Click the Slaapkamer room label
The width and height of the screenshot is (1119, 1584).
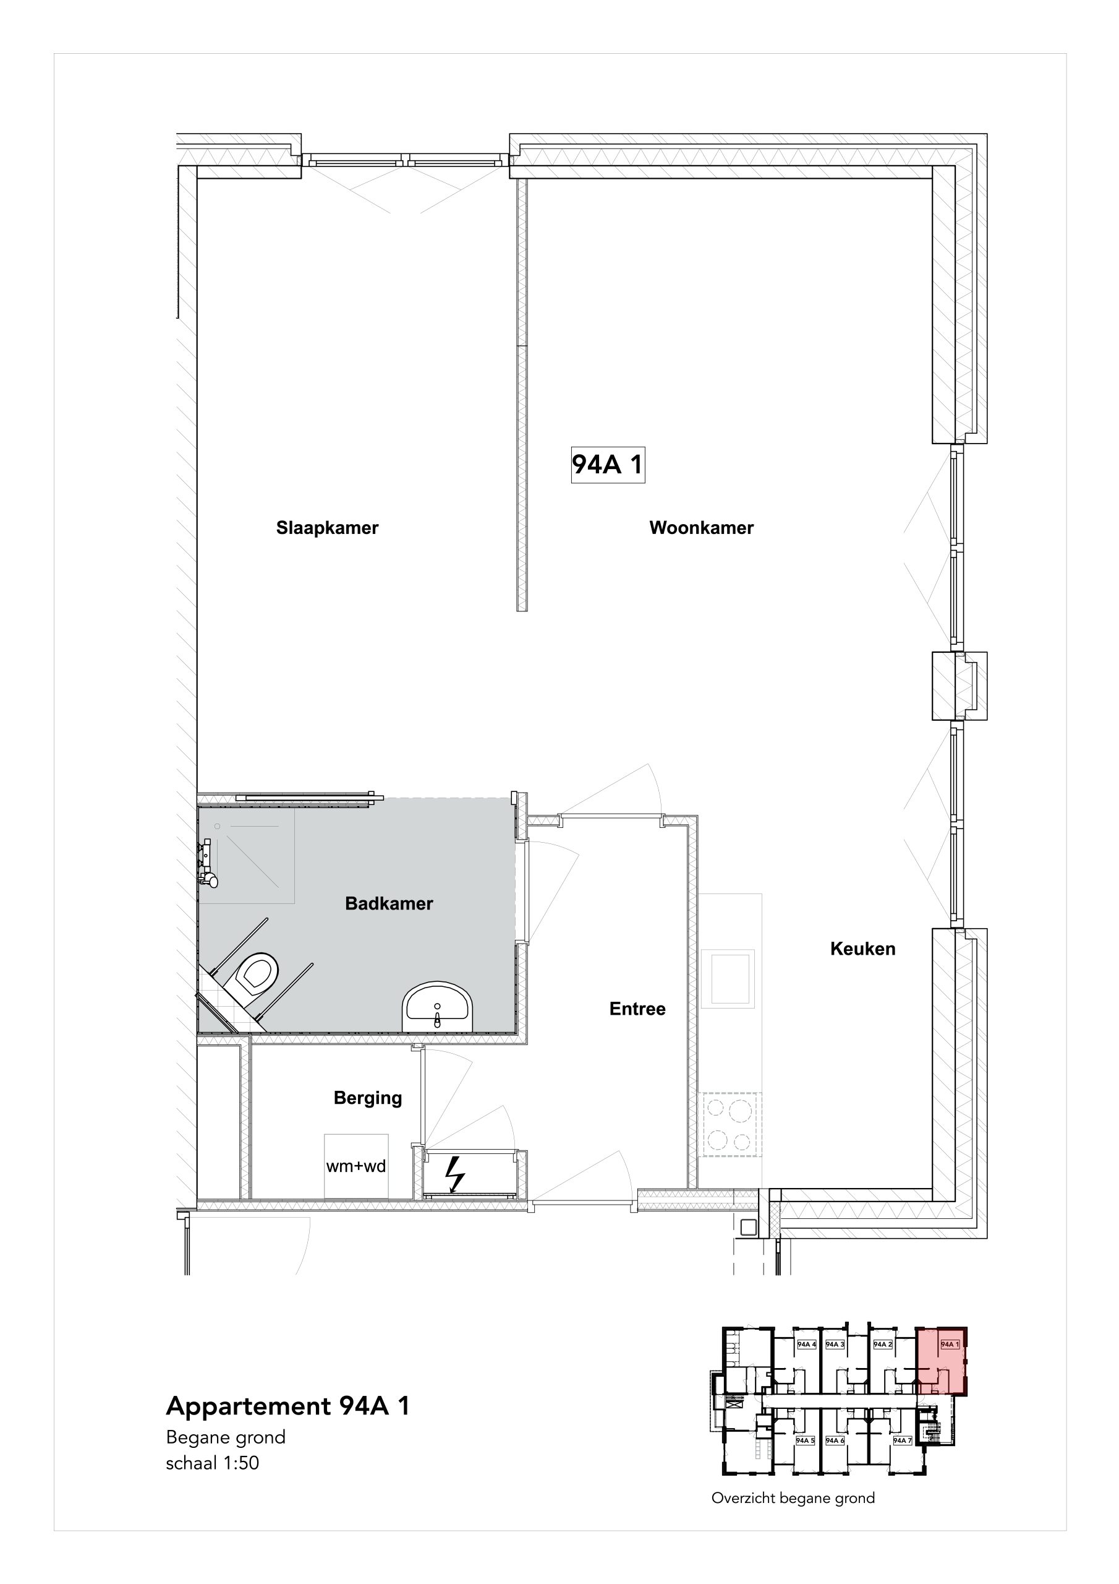[x=328, y=528]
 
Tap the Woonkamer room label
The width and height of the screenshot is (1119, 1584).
[x=701, y=528]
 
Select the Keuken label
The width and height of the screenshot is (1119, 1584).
[x=862, y=949]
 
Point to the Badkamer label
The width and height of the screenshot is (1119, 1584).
[x=389, y=903]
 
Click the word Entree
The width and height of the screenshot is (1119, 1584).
[x=637, y=1009]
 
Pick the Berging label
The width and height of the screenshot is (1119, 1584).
[x=367, y=1098]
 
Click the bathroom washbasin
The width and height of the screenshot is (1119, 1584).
[x=438, y=1007]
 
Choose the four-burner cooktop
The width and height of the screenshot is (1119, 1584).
[x=730, y=1124]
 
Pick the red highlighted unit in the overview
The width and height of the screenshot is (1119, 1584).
[x=940, y=1360]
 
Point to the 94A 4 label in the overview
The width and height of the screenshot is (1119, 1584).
[x=807, y=1344]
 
